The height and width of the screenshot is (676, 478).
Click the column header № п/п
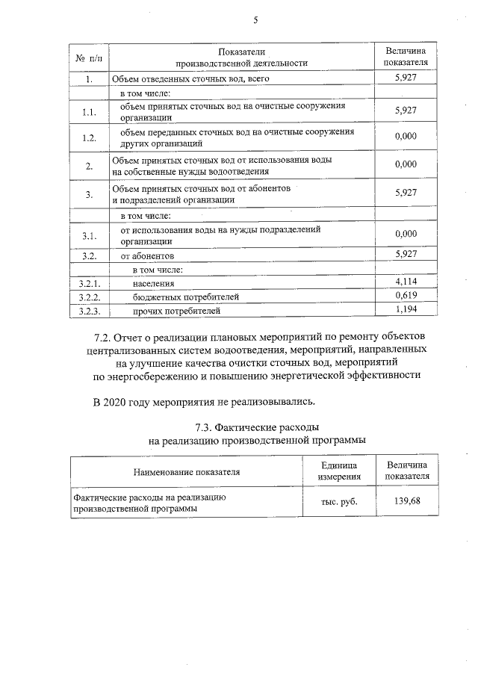pos(89,58)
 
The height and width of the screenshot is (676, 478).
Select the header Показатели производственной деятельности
pos(240,58)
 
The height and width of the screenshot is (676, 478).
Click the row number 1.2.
pos(89,137)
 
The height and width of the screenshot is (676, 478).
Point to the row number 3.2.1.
pos(89,283)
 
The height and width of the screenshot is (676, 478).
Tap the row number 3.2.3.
pos(89,310)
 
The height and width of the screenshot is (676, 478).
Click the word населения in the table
pos(154,284)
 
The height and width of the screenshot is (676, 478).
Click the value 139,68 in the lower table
pos(407,501)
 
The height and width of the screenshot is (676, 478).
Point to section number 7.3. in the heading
pos(206,427)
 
